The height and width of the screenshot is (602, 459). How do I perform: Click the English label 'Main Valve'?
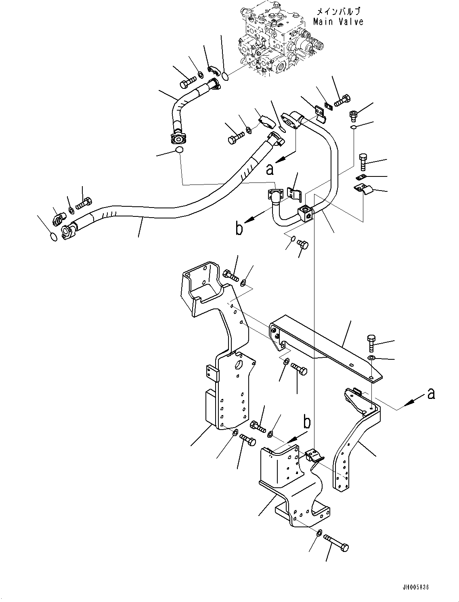[338, 22]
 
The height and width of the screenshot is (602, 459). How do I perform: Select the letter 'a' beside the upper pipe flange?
[270, 169]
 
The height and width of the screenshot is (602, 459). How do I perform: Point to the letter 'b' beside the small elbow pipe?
[239, 229]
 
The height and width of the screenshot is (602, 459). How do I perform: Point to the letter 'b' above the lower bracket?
[307, 422]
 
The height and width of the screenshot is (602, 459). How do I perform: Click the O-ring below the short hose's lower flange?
[178, 151]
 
